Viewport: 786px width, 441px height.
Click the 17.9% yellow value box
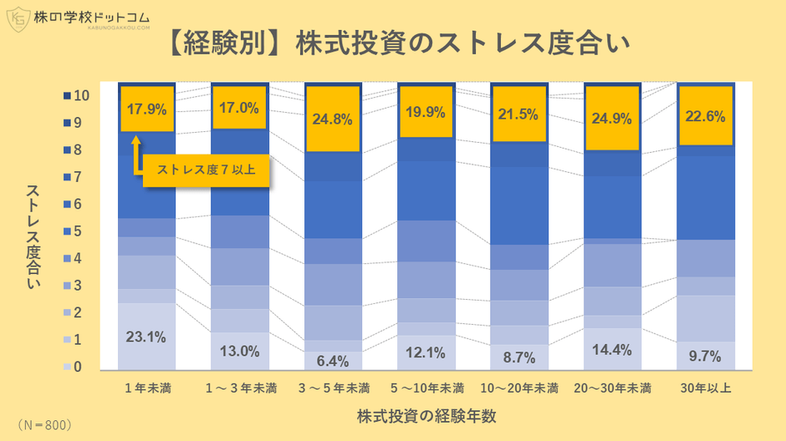click(146, 109)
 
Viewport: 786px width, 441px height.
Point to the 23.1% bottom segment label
click(146, 338)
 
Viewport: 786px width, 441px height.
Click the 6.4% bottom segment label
click(334, 362)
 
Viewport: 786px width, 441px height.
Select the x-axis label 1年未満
click(146, 388)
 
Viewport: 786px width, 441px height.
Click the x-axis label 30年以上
click(705, 388)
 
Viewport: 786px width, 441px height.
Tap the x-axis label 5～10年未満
click(426, 388)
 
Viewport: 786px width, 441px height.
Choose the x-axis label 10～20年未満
click(519, 388)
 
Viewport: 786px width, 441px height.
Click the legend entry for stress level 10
click(77, 97)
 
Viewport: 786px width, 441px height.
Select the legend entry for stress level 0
click(77, 367)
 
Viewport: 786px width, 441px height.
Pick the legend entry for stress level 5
click(77, 231)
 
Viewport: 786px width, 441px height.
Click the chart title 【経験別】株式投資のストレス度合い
click(392, 42)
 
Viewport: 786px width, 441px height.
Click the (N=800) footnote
click(43, 424)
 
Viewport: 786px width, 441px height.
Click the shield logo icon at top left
click(17, 18)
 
